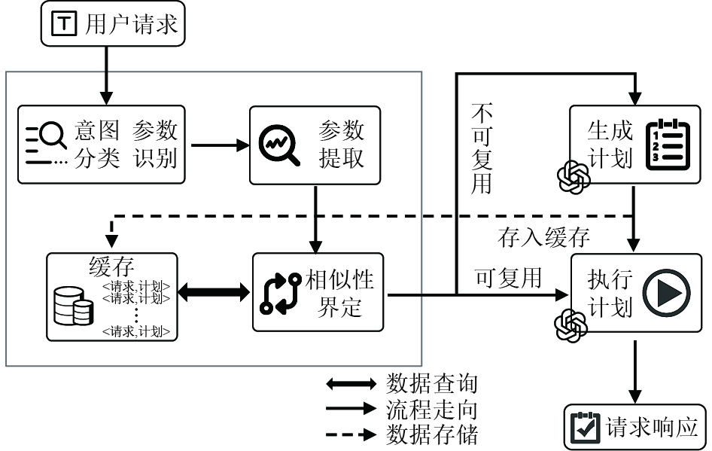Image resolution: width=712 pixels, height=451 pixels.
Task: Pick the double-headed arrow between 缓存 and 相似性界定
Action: coord(213,291)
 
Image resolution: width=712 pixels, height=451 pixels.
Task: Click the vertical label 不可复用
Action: coord(482,149)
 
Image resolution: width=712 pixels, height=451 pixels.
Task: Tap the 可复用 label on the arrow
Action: coord(508,277)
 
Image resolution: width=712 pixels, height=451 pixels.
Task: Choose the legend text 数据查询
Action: coord(431,383)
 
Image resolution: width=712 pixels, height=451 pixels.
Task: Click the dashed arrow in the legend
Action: coord(351,434)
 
